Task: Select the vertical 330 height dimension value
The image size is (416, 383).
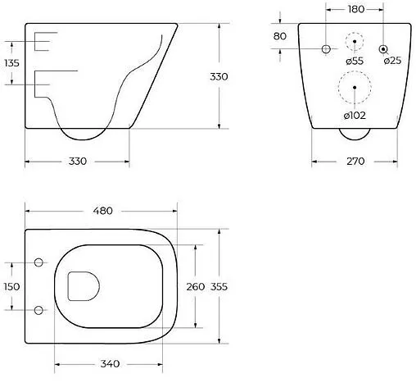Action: pyautogui.click(x=219, y=76)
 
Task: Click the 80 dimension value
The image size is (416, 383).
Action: pyautogui.click(x=280, y=36)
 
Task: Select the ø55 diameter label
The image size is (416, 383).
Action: pyautogui.click(x=355, y=62)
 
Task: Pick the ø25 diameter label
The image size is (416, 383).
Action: pyautogui.click(x=392, y=62)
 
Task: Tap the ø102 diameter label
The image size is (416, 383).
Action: pyautogui.click(x=354, y=115)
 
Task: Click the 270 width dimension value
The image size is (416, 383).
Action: pyautogui.click(x=354, y=162)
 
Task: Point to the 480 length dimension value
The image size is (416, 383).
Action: pyautogui.click(x=102, y=211)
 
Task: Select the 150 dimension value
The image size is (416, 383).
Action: pyautogui.click(x=12, y=286)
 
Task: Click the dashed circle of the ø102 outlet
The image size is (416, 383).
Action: pyautogui.click(x=354, y=89)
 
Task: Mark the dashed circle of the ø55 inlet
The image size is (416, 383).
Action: pyautogui.click(x=355, y=42)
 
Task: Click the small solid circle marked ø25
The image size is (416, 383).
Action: pyautogui.click(x=383, y=49)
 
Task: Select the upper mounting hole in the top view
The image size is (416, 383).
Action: pyautogui.click(x=38, y=263)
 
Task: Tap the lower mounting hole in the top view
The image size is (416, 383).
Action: pyautogui.click(x=38, y=309)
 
